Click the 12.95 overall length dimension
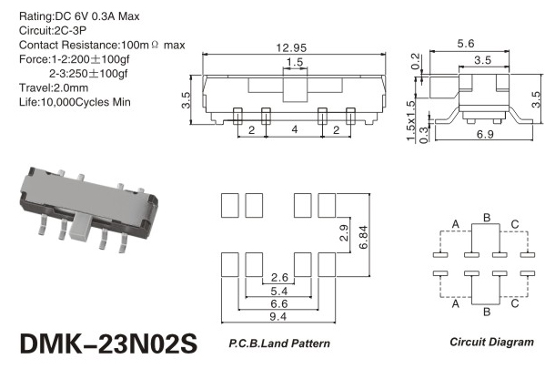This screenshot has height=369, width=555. (291, 48)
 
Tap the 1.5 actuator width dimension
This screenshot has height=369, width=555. (295, 62)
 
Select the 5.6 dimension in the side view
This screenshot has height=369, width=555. (466, 44)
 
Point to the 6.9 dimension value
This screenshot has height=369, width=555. (485, 134)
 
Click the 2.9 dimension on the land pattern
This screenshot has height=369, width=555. (344, 233)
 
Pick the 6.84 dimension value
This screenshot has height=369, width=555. (363, 237)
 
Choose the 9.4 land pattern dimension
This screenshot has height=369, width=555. (277, 316)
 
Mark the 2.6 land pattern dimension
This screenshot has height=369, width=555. (279, 277)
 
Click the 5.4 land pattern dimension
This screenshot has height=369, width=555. (279, 292)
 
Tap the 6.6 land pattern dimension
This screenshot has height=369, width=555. (279, 303)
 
